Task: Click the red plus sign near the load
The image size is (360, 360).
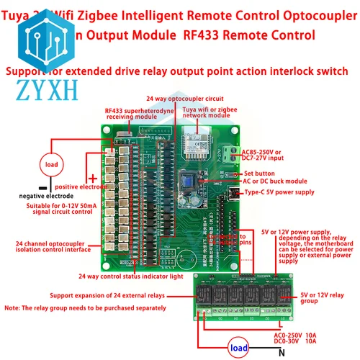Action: pyautogui.click(x=91, y=178)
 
